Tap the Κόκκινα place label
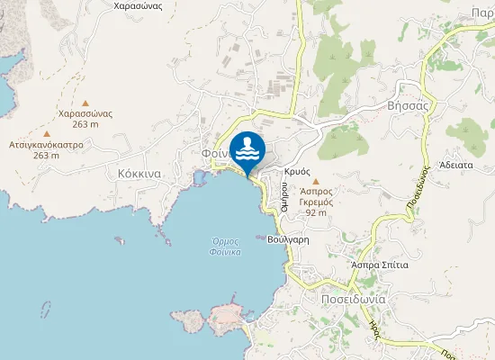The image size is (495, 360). (x=139, y=173)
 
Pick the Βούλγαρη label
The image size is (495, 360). (x=288, y=239)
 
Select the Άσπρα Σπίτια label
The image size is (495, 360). (x=379, y=265)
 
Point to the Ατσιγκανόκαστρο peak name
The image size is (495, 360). (x=46, y=144)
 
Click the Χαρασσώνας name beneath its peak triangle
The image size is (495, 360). (x=85, y=114)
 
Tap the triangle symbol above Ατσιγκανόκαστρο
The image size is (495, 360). (x=47, y=132)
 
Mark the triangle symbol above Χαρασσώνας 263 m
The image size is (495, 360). (x=85, y=103)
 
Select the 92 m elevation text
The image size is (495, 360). (x=316, y=213)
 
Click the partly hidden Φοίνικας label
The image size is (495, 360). (x=215, y=154)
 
